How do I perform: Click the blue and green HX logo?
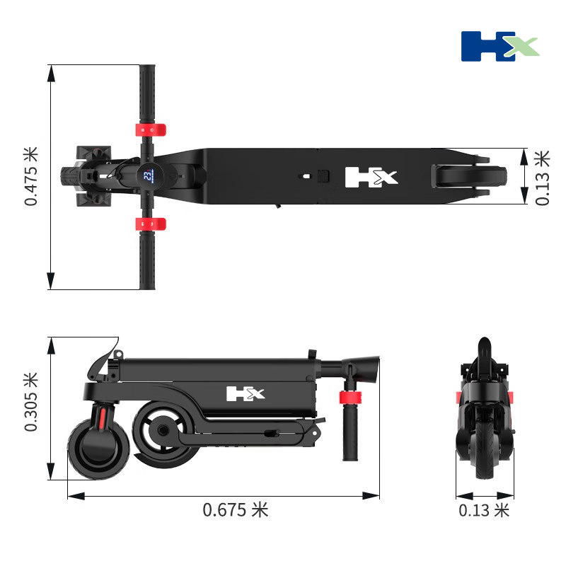point(500,46)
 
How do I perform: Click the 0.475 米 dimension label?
point(31,176)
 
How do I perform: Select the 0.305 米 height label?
point(31,402)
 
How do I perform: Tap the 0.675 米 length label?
point(236,510)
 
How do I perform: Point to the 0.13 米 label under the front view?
point(484,510)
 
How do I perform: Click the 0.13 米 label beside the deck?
point(542,178)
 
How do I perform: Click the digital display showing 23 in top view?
point(149,175)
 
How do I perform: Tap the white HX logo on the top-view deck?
point(371,178)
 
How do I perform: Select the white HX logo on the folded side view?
point(246,393)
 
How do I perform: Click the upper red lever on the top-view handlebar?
point(151,130)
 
